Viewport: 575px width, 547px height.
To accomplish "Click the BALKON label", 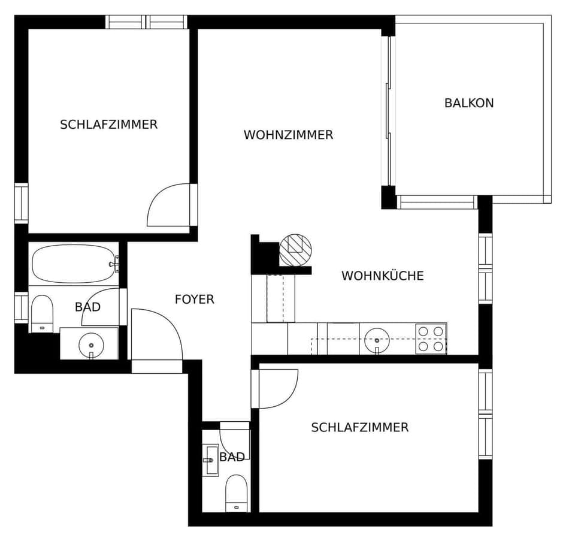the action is [x=469, y=103].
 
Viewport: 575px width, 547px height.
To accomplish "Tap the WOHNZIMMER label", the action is [x=288, y=135].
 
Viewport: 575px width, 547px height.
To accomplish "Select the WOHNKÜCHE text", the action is [x=383, y=276].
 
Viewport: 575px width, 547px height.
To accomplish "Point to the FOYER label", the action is [x=194, y=300].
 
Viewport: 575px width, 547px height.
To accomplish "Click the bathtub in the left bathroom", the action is [x=74, y=264].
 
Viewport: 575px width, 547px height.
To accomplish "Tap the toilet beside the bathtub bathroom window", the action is [x=42, y=314].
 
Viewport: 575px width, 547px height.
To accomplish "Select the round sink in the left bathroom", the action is [x=91, y=345].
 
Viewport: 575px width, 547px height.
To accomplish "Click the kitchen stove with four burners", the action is [x=431, y=339].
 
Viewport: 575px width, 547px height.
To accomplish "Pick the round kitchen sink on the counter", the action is [x=377, y=340].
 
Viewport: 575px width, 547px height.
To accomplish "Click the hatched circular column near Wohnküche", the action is [x=295, y=250].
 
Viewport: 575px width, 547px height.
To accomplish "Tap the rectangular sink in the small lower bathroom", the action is [x=210, y=460].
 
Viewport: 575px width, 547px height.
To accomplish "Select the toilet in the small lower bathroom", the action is [x=237, y=493].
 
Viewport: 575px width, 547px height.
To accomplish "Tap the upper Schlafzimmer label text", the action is [x=109, y=125].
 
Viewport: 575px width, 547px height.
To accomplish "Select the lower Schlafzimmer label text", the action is [x=360, y=427].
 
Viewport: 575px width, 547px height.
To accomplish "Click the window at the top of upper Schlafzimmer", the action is [x=146, y=22].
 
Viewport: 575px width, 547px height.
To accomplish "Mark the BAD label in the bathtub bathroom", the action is [x=87, y=307].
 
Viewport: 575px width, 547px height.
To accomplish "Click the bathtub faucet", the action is [x=114, y=264].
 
